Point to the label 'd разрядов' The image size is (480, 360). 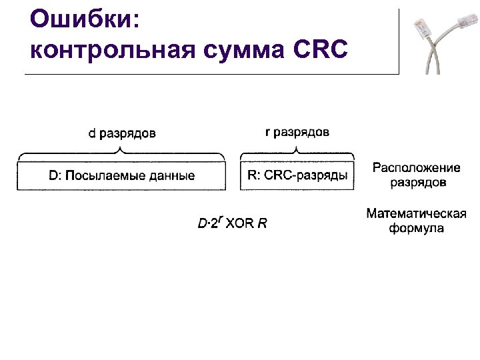pos(123,133)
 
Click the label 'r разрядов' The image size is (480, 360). pos(297,132)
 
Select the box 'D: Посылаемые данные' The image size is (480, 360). pos(121,176)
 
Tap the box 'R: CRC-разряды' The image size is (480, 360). pos(297,176)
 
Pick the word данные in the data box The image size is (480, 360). pos(172,176)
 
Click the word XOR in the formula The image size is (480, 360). pos(239,223)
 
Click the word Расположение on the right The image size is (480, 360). pos(417,167)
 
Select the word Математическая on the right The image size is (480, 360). pos(416,214)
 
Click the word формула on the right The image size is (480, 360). pos(417,228)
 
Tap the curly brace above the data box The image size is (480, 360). pos(121,153)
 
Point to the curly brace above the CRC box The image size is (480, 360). pos(297,153)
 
